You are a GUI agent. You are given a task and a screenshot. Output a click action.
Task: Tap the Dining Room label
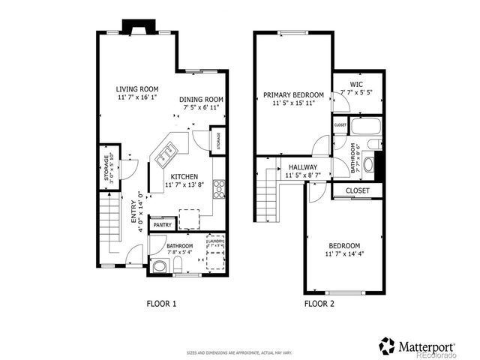coord(202,100)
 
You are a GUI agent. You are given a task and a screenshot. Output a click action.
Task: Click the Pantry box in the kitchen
coord(163,225)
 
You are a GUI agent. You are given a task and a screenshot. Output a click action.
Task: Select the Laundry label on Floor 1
coord(215,241)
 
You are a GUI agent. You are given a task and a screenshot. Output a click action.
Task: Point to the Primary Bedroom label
coord(292,95)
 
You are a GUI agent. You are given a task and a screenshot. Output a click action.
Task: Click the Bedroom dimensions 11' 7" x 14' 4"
coord(344,254)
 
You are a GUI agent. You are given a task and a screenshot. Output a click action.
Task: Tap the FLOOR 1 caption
coord(160,304)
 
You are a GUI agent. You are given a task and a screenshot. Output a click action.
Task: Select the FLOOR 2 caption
coord(320,304)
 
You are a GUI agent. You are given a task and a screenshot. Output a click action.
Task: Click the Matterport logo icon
coord(387,346)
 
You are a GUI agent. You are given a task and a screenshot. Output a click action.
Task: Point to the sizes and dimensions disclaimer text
coord(240,352)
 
